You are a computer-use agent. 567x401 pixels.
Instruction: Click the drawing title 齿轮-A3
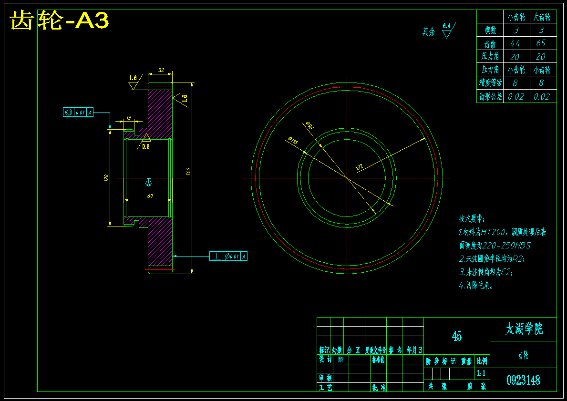tap(60, 21)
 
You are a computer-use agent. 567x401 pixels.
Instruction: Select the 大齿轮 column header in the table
tap(542, 17)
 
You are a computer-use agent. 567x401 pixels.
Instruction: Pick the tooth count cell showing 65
tap(541, 43)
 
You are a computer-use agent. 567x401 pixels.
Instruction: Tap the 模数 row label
tap(490, 31)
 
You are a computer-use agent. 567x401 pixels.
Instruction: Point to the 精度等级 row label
tap(490, 82)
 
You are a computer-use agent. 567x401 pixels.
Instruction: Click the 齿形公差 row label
tap(490, 96)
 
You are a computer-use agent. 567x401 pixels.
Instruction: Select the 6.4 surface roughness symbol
tap(447, 30)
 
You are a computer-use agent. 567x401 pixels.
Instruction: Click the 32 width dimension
tap(161, 70)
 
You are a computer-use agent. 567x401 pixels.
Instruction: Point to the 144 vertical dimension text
tap(188, 171)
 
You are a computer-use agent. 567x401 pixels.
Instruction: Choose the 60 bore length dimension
tap(149, 196)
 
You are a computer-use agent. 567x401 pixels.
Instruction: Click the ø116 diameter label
tap(292, 141)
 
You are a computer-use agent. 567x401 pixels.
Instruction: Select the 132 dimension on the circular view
tap(360, 167)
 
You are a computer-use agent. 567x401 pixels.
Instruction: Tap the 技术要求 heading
tap(472, 219)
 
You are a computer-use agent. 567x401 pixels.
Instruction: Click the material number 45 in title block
tap(456, 336)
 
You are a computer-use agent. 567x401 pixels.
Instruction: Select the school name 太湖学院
tap(523, 329)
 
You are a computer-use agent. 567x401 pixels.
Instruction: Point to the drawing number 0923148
tap(523, 380)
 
